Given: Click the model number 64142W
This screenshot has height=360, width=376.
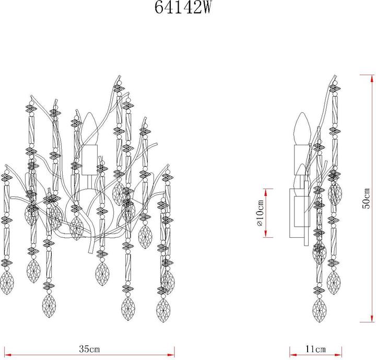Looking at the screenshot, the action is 183,7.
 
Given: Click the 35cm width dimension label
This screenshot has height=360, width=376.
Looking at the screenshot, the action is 89,349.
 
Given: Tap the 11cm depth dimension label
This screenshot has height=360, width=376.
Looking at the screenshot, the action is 315,349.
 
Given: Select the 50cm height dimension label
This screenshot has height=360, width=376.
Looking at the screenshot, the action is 367,198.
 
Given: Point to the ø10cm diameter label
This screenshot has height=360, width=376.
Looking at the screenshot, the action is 260,213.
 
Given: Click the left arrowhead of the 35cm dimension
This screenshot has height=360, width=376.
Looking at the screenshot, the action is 8,355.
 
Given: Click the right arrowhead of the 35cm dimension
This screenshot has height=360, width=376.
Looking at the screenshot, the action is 171,355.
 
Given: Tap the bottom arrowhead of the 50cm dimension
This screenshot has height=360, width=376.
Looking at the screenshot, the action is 373,318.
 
